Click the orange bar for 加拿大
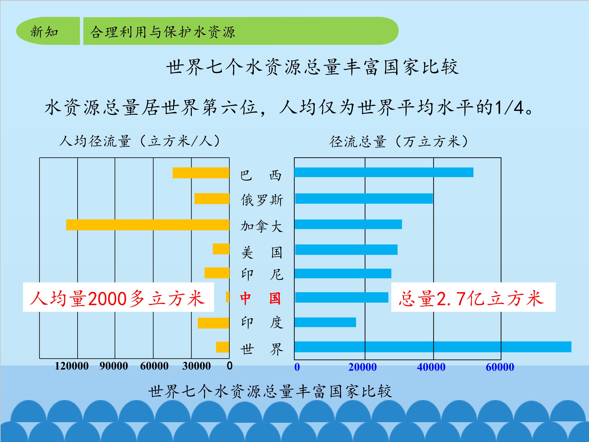click(x=148, y=225)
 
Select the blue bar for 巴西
click(x=384, y=172)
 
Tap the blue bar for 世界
click(x=433, y=347)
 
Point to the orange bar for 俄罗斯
click(x=212, y=198)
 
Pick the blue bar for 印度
click(x=325, y=322)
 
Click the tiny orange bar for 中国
click(x=228, y=297)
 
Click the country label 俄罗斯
click(x=262, y=200)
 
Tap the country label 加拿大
click(x=262, y=226)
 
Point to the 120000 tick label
click(x=72, y=366)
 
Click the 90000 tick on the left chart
click(x=114, y=366)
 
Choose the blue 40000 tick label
click(x=431, y=367)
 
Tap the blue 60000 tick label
click(x=500, y=367)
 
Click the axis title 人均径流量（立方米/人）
click(x=140, y=141)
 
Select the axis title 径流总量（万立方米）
click(x=399, y=141)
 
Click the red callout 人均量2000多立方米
click(x=117, y=298)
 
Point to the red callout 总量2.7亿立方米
click(x=471, y=298)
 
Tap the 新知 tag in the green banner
click(x=44, y=32)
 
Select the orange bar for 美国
click(x=221, y=249)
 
